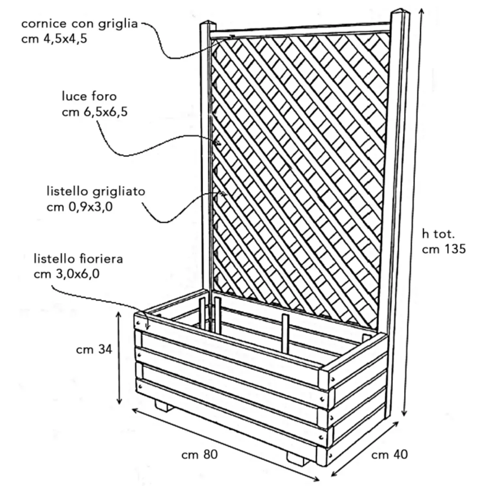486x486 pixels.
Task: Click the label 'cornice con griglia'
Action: click(x=80, y=24)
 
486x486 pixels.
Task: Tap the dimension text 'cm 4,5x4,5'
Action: click(x=54, y=39)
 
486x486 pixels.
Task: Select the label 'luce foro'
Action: click(x=89, y=97)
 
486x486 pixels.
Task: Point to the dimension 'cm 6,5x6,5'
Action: click(x=95, y=112)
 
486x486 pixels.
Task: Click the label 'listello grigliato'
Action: click(x=96, y=192)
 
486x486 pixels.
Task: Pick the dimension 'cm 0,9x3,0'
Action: click(x=79, y=207)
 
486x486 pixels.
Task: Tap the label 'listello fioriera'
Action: click(x=79, y=259)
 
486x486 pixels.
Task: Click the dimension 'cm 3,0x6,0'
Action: click(x=67, y=274)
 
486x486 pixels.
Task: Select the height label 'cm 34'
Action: click(x=94, y=350)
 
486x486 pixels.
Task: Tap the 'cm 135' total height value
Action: click(x=444, y=249)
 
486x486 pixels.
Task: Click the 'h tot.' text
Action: click(x=438, y=234)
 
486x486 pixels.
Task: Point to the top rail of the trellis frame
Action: click(x=300, y=29)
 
